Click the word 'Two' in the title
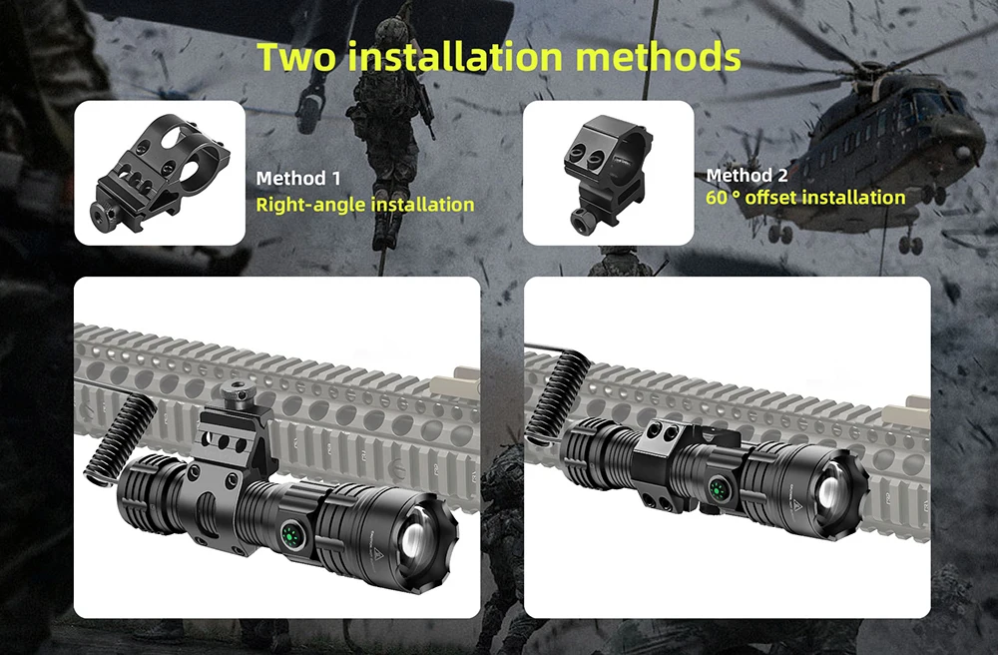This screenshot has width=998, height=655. pos(296,56)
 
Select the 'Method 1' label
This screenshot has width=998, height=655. pos(298,179)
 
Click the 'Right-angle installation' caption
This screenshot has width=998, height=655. pos(364,205)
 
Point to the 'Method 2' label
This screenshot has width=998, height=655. pos(748,175)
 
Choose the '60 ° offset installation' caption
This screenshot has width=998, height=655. pos(805,198)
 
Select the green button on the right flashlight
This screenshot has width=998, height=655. pos(720,489)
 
